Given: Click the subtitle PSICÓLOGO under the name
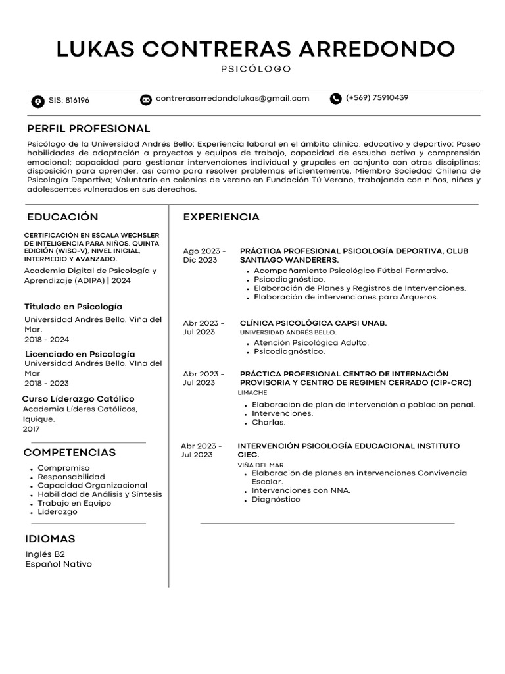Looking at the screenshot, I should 255,69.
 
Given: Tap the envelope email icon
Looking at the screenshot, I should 146,100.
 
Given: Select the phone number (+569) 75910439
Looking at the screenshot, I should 377,98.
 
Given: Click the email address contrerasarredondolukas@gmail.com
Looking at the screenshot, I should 232,99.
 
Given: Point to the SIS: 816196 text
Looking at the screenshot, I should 69,101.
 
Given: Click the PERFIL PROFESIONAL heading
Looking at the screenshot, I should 89,128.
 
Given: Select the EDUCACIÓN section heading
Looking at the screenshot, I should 62,217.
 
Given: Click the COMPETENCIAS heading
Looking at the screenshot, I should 70,453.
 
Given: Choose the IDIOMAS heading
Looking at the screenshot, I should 50,539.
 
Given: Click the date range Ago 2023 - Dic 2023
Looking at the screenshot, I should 204,256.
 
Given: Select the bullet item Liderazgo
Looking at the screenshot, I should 57,512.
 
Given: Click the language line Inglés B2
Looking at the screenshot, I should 45,554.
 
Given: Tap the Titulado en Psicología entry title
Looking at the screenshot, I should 73,307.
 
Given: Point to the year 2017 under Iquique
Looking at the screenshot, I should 31,428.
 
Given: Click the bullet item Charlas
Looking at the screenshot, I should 268,423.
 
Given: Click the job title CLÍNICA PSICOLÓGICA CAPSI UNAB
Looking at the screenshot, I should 313,323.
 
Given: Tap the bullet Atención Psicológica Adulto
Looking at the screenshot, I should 311,342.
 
